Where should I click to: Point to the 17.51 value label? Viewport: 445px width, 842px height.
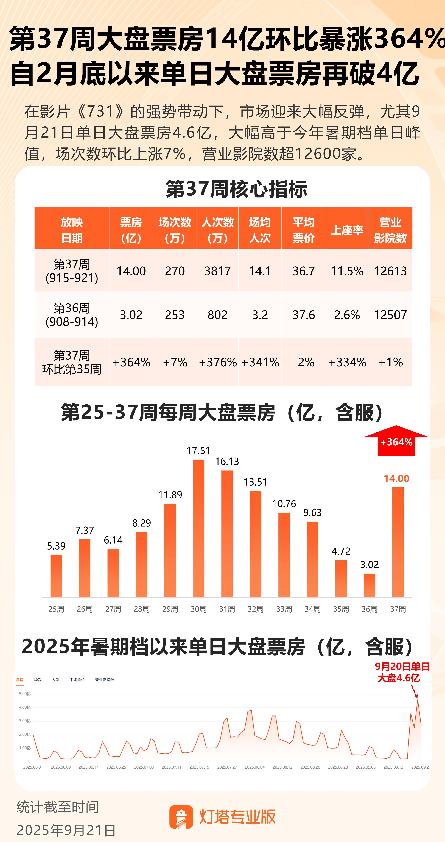pos(198,451)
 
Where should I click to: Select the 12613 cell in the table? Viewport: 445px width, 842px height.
pos(390,271)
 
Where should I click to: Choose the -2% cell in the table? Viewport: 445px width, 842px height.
pos(304,362)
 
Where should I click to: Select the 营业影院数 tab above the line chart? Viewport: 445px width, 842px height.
pos(104,680)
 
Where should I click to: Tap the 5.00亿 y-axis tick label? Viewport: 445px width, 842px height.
pos(25,694)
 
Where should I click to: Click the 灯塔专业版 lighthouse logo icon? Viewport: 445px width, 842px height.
pos(181,817)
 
